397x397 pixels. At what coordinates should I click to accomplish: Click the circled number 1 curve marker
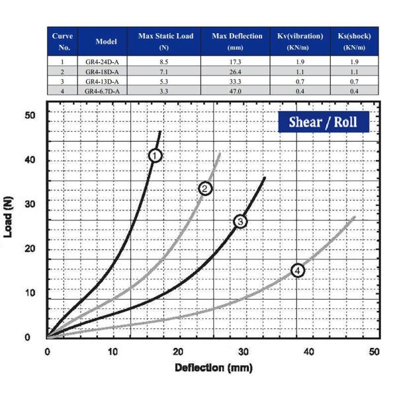[x=155, y=155]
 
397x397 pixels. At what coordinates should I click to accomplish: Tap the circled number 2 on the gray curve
[x=205, y=189]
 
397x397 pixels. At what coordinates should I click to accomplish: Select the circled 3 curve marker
[x=240, y=221]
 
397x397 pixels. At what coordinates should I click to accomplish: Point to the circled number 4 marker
[x=298, y=270]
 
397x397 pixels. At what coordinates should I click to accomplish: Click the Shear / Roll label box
[x=323, y=122]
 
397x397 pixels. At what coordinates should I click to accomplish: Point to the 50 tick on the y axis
[x=29, y=116]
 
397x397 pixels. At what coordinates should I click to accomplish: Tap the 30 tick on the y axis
[x=29, y=204]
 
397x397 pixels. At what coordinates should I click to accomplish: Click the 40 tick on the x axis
[x=309, y=351]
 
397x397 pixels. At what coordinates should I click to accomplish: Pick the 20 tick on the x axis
[x=179, y=351]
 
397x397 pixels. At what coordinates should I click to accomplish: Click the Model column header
[x=106, y=41]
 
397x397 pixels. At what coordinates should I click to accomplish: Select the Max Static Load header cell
[x=165, y=41]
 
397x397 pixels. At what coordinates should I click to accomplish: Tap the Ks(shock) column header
[x=354, y=41]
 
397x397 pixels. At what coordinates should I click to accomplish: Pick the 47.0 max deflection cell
[x=237, y=91]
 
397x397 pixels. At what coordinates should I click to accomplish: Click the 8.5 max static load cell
[x=165, y=62]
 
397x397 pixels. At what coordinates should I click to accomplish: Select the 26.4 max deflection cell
[x=237, y=71]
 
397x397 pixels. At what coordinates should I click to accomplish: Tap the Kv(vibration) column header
[x=300, y=41]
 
